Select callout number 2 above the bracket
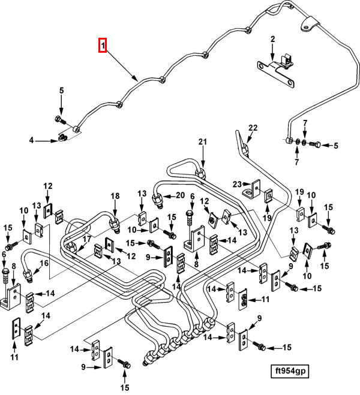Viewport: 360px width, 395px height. tap(272, 40)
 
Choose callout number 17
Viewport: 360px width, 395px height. tap(87, 239)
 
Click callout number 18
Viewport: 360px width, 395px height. tap(115, 195)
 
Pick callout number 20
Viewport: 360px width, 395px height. tap(180, 195)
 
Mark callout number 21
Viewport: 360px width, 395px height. tap(202, 141)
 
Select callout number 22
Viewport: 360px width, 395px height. tap(253, 128)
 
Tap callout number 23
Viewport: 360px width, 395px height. tap(236, 184)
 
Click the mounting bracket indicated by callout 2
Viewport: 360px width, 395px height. tap(277, 67)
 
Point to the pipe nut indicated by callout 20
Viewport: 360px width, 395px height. tap(159, 198)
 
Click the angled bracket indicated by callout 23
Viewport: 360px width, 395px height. tap(252, 191)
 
